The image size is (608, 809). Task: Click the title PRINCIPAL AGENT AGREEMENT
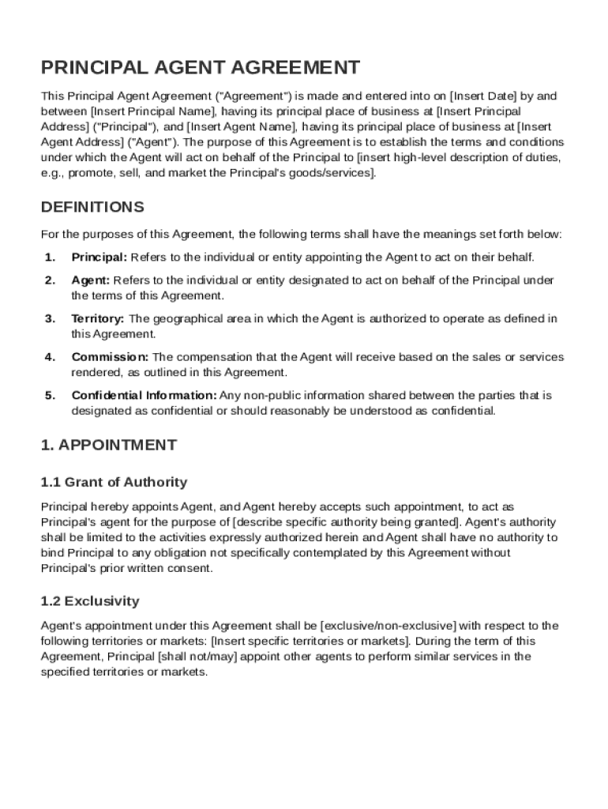coord(201,67)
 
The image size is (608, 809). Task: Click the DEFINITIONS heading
coord(92,207)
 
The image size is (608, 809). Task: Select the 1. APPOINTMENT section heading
coord(108,445)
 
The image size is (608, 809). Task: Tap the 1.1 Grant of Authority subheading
coord(114,482)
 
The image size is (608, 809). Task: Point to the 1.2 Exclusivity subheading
coord(89,601)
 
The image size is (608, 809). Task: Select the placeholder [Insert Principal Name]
coord(153,111)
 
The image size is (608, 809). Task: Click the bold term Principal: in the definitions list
coord(99,258)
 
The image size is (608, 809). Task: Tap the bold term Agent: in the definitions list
coord(91,280)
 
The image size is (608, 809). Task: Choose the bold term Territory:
coord(98,319)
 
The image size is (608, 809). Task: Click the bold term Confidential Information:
coord(144,396)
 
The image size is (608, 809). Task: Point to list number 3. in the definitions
coord(50,319)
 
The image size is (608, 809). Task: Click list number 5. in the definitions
coord(50,396)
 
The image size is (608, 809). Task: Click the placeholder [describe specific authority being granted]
coord(347,522)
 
